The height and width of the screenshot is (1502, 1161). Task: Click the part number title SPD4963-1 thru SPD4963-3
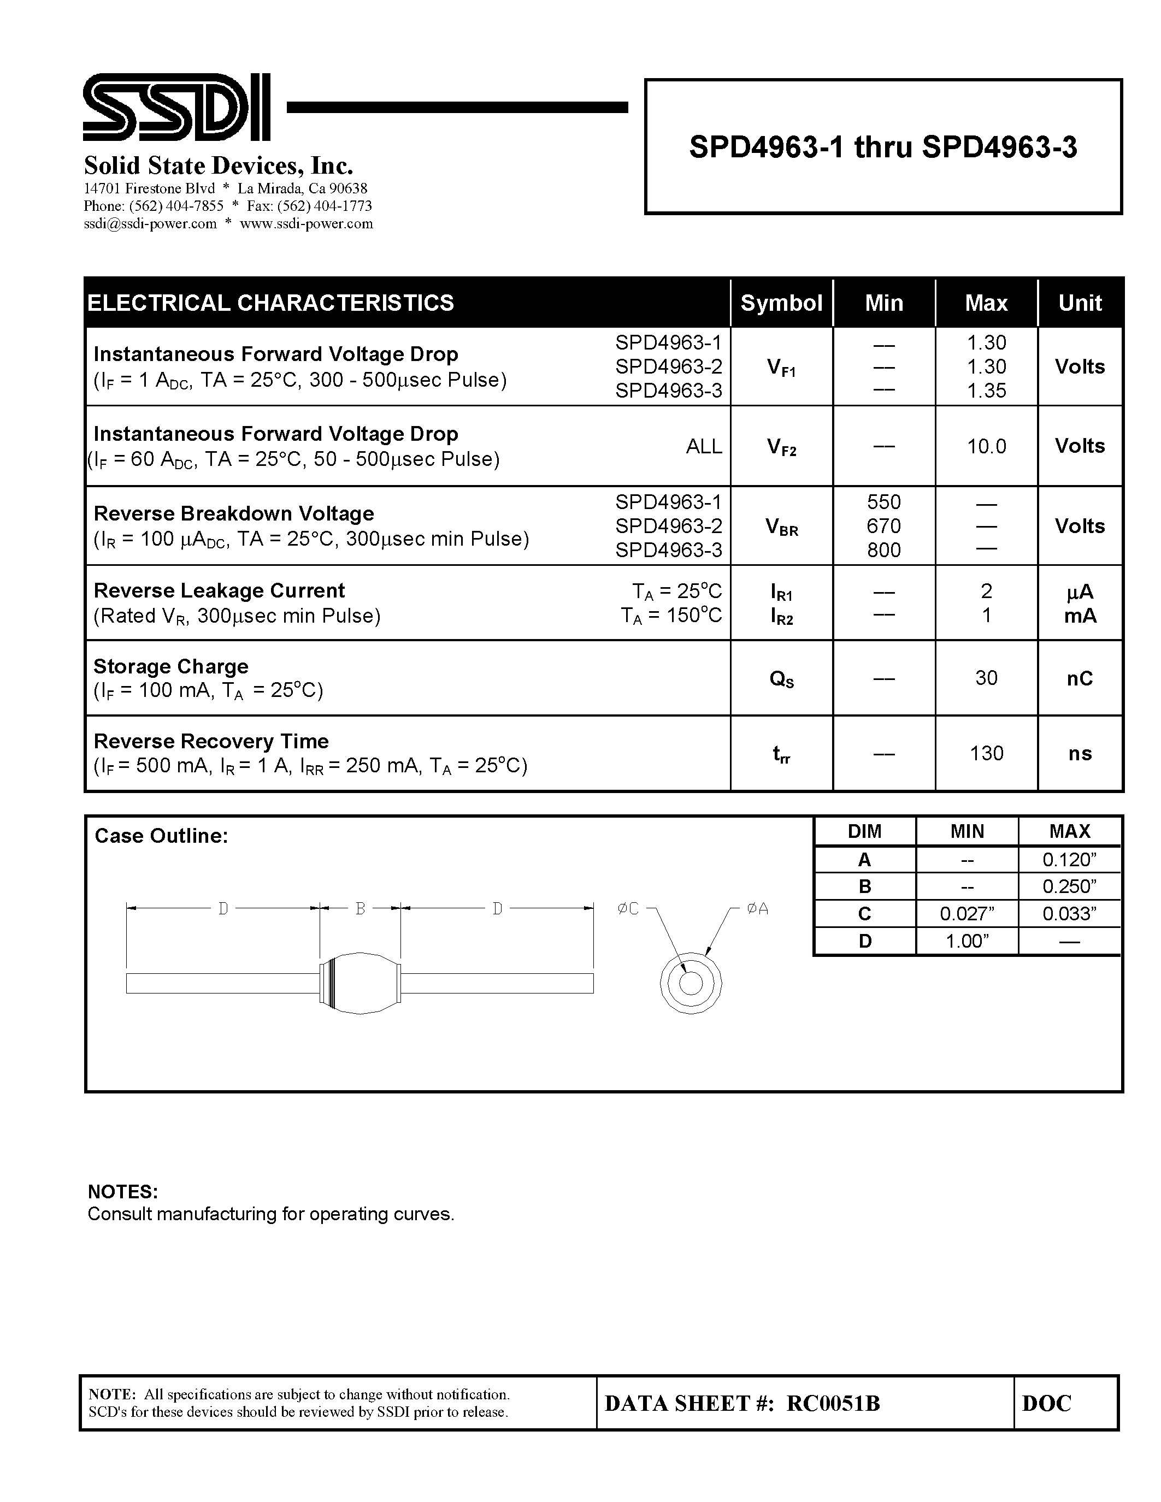882,147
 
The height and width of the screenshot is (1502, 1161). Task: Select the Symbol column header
781,303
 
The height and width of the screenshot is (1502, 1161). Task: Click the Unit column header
1079,303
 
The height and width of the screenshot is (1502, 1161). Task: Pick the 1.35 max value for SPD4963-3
986,391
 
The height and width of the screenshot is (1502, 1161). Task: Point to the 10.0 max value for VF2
986,446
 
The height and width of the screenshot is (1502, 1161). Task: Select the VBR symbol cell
781,528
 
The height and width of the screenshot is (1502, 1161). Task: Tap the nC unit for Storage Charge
1079,679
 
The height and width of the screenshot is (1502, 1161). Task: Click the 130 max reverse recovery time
986,753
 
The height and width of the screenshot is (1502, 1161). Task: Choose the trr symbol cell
781,754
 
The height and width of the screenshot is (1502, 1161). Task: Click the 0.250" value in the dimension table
1069,886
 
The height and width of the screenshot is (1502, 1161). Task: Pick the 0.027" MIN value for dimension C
966,914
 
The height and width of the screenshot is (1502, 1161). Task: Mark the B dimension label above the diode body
360,908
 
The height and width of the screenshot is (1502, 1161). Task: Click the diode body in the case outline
360,984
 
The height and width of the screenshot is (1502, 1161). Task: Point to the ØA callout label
757,908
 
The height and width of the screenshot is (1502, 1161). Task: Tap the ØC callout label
628,908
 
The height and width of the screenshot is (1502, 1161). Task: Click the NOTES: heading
122,1192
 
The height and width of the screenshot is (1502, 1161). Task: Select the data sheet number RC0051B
833,1404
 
